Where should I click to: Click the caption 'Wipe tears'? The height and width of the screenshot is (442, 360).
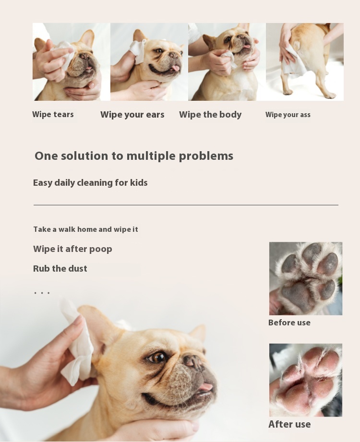click(53, 114)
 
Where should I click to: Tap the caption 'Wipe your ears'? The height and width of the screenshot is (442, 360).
click(132, 115)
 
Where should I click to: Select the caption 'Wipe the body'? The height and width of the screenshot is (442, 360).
click(210, 115)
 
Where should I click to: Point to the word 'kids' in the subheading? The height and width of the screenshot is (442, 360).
click(139, 183)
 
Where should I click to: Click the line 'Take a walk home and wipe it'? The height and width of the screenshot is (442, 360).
click(86, 229)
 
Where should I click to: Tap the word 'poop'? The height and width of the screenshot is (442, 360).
click(101, 250)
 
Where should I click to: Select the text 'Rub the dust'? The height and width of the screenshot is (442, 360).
click(60, 268)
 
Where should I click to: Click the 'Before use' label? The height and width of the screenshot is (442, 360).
click(289, 323)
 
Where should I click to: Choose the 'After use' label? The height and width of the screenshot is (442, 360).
click(289, 424)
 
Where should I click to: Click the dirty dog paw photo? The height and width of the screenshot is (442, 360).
click(306, 278)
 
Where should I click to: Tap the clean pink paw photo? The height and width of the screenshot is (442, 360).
click(306, 380)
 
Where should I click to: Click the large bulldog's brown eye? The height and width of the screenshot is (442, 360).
click(157, 358)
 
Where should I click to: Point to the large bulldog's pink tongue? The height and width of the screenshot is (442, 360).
click(205, 386)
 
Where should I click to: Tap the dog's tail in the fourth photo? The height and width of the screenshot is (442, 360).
click(296, 46)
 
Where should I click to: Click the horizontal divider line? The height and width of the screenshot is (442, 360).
click(186, 205)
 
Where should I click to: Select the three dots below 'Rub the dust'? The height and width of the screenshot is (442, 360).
click(42, 293)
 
